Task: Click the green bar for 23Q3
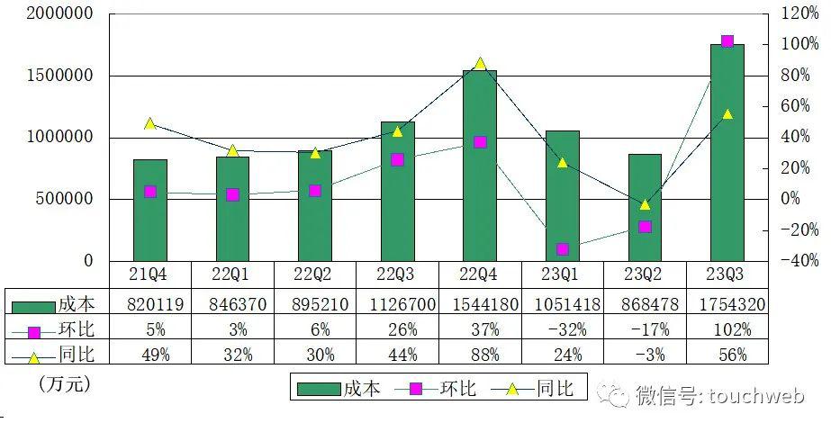(x=727, y=153)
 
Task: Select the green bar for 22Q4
(x=480, y=166)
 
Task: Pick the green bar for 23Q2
(x=645, y=208)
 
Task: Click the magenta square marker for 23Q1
(x=562, y=249)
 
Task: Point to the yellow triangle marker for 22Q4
(x=480, y=64)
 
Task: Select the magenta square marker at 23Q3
(x=727, y=41)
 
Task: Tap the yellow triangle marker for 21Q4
(x=150, y=123)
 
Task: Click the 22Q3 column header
(x=397, y=274)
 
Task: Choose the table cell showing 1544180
(x=480, y=304)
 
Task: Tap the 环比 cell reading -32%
(x=562, y=329)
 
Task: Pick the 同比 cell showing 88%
(x=480, y=355)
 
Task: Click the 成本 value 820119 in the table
(x=150, y=304)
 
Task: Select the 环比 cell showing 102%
(x=727, y=329)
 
